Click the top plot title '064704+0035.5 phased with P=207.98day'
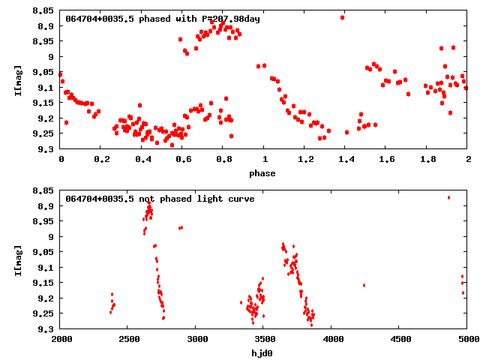click(x=163, y=19)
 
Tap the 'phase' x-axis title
click(x=262, y=173)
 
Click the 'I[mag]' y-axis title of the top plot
click(x=17, y=81)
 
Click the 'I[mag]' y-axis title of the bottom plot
click(x=17, y=261)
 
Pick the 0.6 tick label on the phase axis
click(x=182, y=159)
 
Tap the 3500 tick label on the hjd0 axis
click(x=263, y=339)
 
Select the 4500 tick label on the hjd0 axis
click(x=399, y=339)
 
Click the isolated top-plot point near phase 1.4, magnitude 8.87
click(x=342, y=17)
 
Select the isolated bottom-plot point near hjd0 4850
click(x=448, y=197)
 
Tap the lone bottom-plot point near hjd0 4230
click(x=364, y=285)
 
